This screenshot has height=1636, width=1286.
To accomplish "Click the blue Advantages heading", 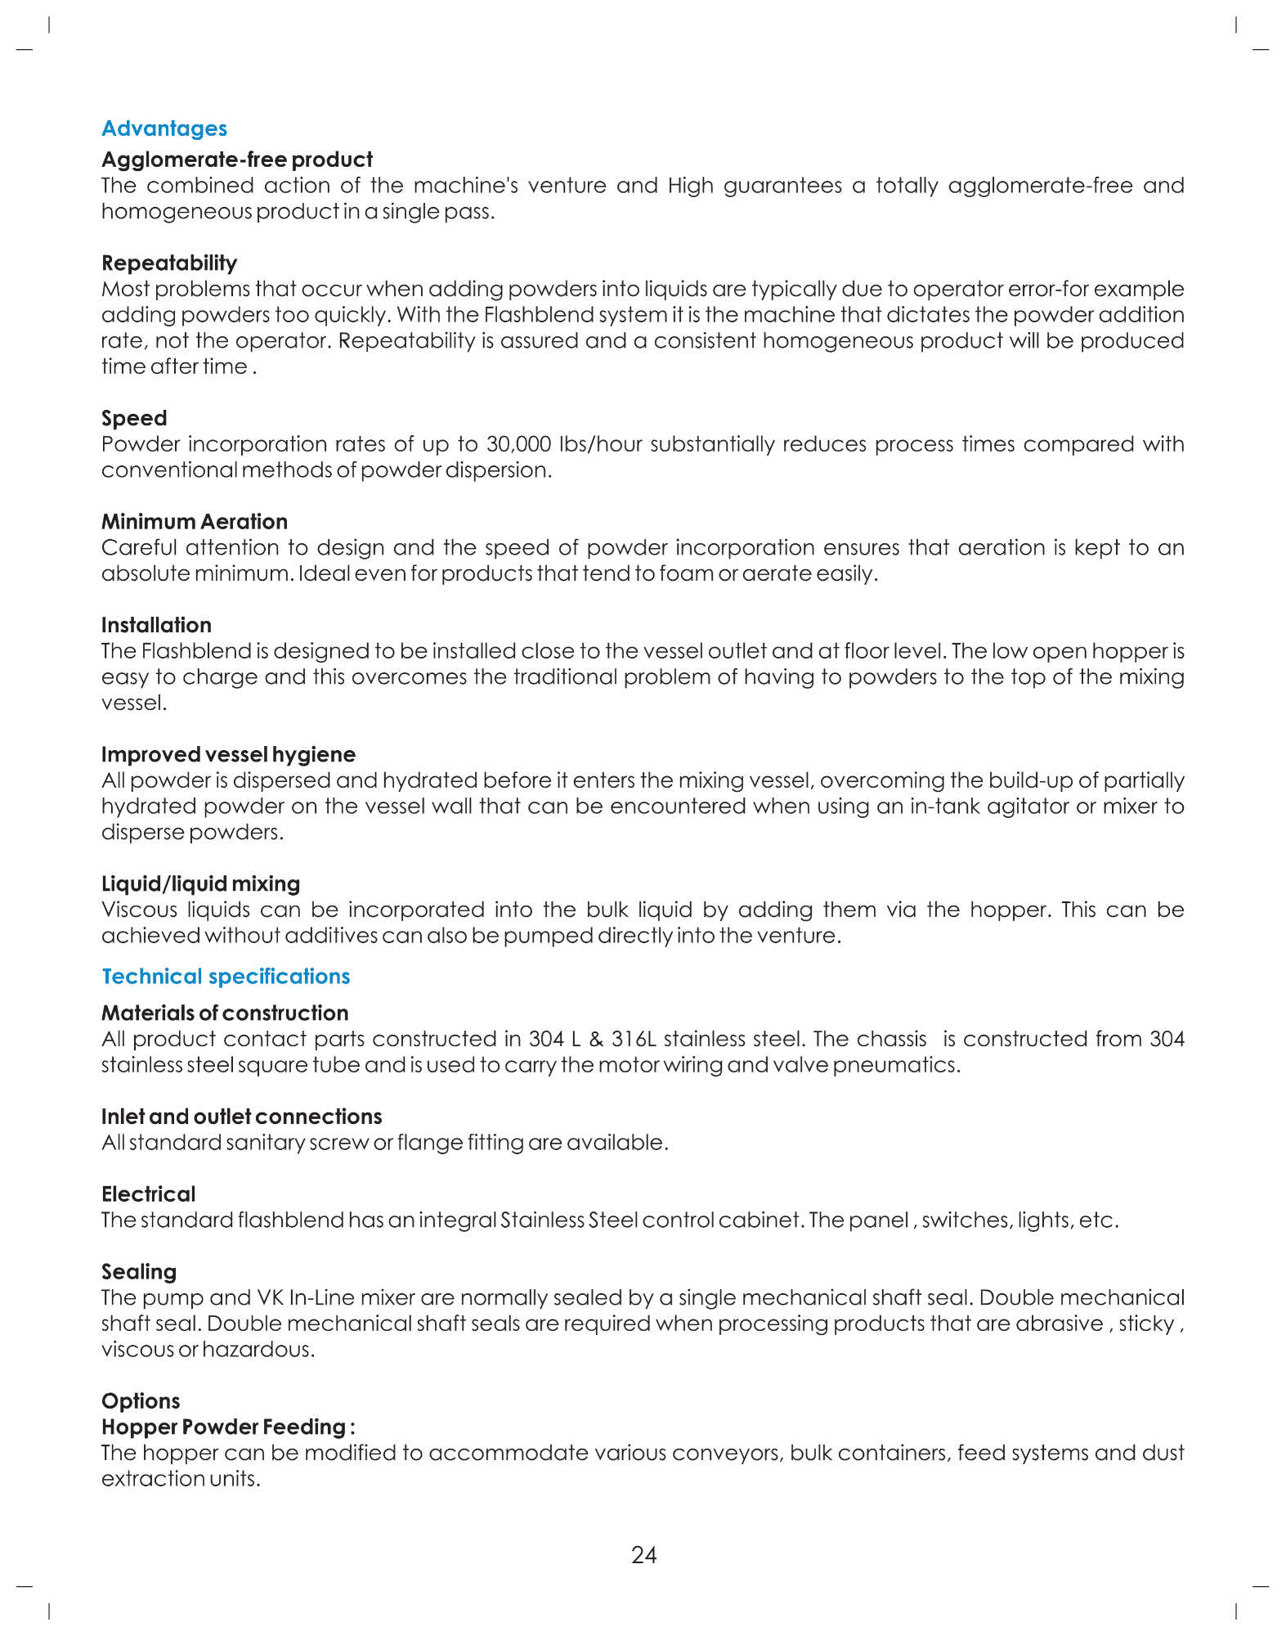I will coord(164,128).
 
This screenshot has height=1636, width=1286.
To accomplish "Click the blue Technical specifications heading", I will coord(226,976).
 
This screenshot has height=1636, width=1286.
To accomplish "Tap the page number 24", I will coord(643,1555).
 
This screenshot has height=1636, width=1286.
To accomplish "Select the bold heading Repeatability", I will coord(169,263).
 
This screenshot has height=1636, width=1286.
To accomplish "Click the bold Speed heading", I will coord(134,418).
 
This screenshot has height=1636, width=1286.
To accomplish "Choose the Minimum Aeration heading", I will coord(195,521).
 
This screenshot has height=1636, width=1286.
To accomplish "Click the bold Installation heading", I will coord(156,625).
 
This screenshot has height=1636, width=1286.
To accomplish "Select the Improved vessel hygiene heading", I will coord(228,754).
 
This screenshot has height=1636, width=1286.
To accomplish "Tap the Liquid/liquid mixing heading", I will coord(200,883).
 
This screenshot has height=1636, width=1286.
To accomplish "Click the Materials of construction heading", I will coord(225,1013).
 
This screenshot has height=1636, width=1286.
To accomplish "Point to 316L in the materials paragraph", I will coord(634,1039).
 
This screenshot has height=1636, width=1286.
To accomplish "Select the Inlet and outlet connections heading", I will coord(241,1117).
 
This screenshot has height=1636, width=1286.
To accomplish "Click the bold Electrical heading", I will coord(148,1194).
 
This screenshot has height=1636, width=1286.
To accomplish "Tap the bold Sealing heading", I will coord(139,1272).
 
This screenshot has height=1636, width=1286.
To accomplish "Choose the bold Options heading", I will coord(141,1401).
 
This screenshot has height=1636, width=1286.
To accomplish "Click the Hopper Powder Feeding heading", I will coord(227,1427).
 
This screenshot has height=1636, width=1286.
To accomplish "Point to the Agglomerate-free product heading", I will coord(236,160).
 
